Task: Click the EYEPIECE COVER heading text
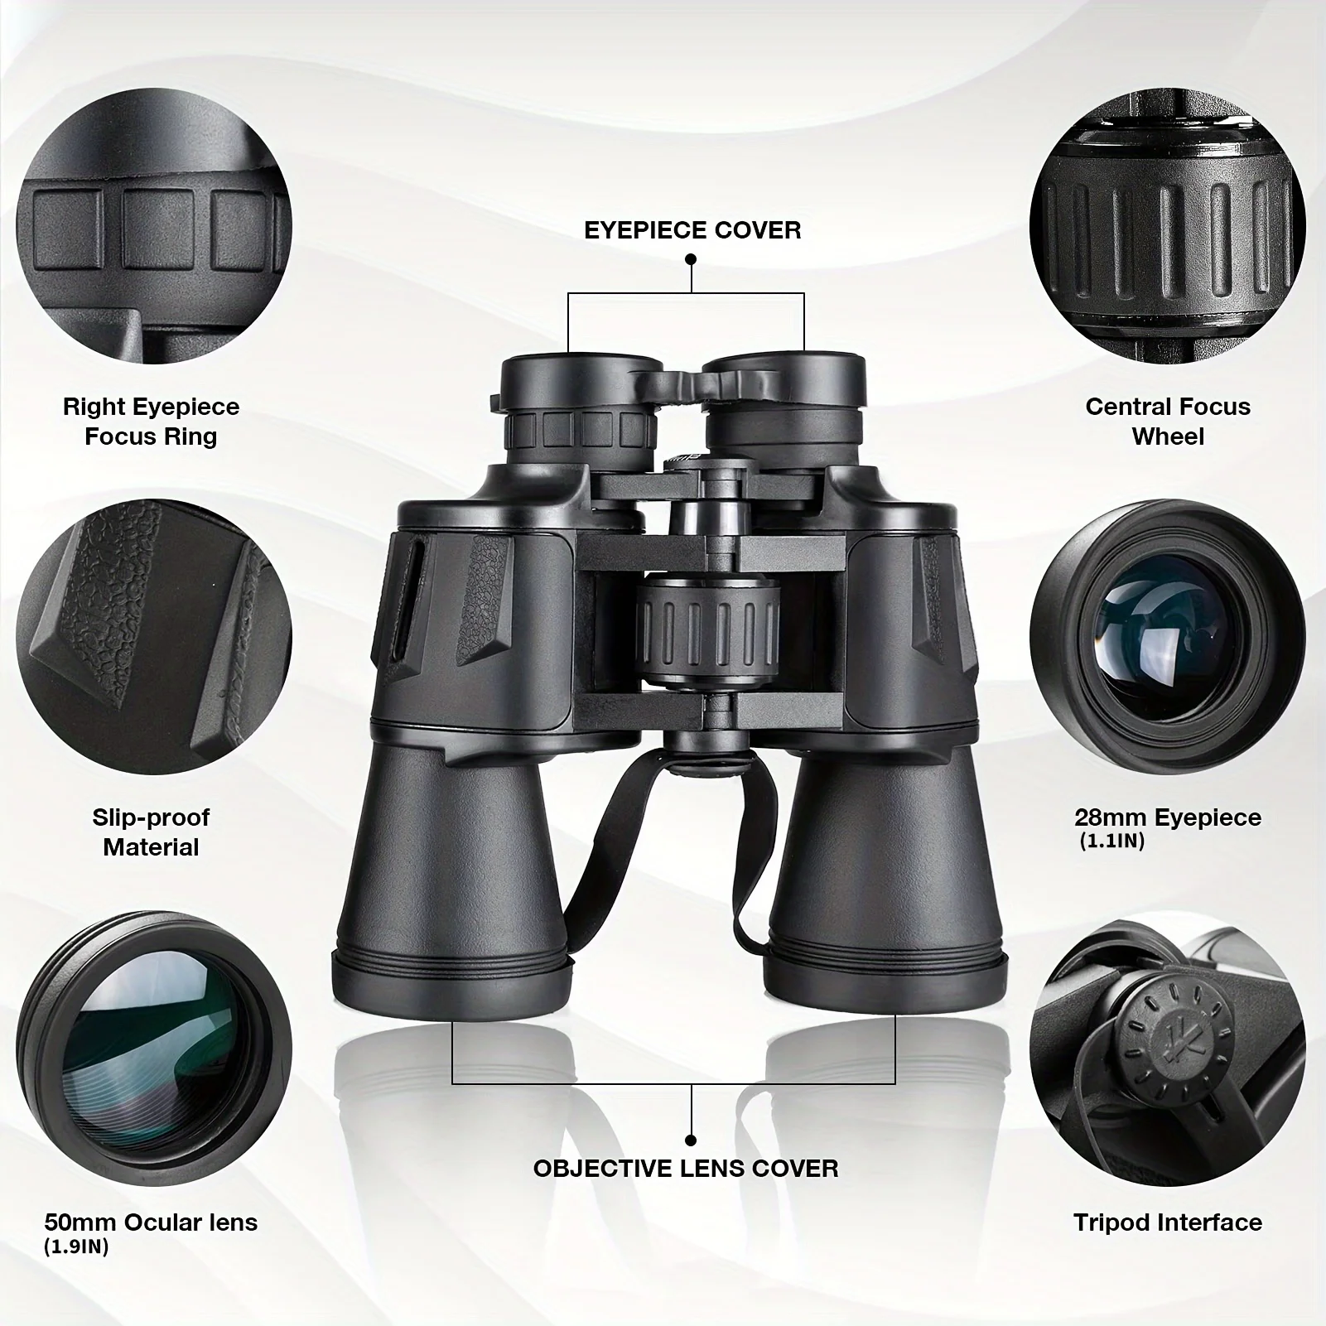pyautogui.click(x=692, y=229)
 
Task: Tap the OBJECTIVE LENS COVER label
pyautogui.click(x=686, y=1169)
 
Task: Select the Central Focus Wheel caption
pyautogui.click(x=1168, y=422)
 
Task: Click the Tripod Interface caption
pyautogui.click(x=1168, y=1222)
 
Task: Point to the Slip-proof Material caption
pyautogui.click(x=151, y=832)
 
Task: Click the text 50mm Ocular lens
pyautogui.click(x=151, y=1222)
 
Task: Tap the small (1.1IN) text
pyautogui.click(x=1111, y=842)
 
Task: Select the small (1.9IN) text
pyautogui.click(x=76, y=1246)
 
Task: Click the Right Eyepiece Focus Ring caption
pyautogui.click(x=151, y=422)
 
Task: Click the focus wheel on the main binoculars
pyautogui.click(x=708, y=631)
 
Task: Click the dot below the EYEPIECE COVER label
pyautogui.click(x=691, y=259)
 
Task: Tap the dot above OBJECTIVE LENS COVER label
pyautogui.click(x=691, y=1140)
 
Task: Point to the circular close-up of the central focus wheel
pyautogui.click(x=1168, y=225)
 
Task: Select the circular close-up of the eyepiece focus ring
pyautogui.click(x=153, y=225)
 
